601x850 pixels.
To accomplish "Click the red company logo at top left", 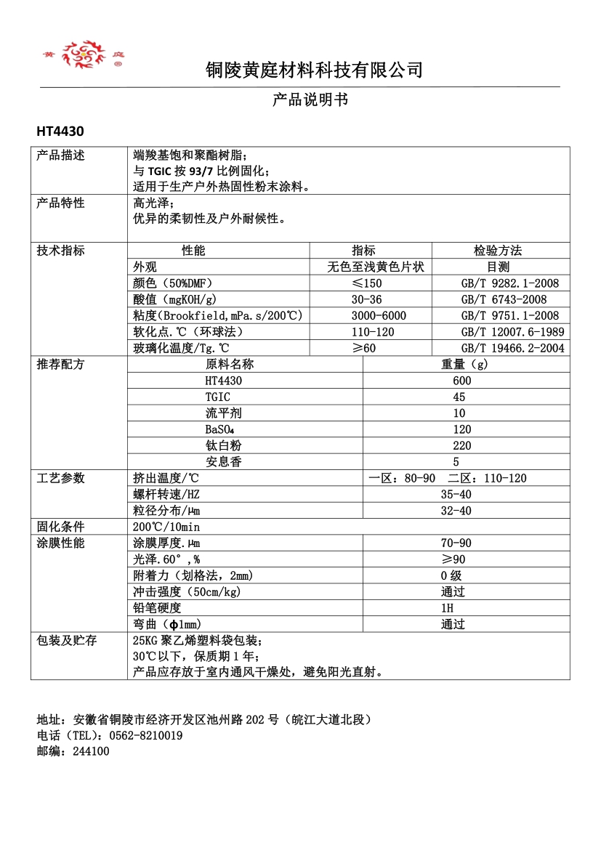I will point(82,54).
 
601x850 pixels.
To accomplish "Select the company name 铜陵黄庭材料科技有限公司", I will point(314,70).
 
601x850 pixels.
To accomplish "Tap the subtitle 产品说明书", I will point(310,100).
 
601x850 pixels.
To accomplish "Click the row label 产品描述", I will point(61,155).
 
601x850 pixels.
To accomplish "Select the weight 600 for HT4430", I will point(461,381).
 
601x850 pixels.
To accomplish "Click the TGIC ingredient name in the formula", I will point(218,397).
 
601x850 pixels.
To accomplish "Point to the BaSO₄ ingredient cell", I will point(219,429).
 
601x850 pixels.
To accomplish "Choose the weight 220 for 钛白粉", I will point(461,445).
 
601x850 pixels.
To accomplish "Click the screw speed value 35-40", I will point(456,494).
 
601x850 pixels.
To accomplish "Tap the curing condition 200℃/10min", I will point(166,527).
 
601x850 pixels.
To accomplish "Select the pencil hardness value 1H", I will point(447,607).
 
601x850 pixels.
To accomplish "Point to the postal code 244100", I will point(91,751).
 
